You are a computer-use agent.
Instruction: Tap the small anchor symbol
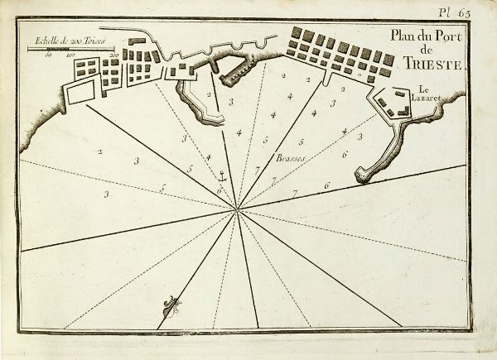[x=221, y=175]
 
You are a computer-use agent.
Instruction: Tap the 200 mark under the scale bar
[x=113, y=56]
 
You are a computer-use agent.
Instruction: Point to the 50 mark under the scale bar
[x=50, y=56]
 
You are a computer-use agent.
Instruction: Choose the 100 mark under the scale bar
[x=70, y=56]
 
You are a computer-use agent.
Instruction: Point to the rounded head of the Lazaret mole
[x=361, y=175]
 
